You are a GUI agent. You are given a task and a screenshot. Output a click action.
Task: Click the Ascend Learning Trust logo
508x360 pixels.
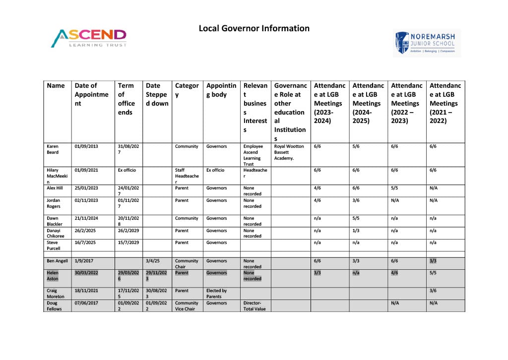[x=89, y=38]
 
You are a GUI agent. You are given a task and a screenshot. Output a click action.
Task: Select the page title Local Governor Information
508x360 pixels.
[x=254, y=28]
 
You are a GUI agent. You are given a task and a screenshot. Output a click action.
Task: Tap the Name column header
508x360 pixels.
[x=56, y=86]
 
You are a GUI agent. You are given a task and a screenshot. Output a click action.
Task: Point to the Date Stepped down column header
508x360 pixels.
[x=157, y=94]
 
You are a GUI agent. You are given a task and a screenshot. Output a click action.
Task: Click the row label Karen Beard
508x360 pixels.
[x=53, y=149]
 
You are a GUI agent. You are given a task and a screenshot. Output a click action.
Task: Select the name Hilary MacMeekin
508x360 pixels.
[x=56, y=176]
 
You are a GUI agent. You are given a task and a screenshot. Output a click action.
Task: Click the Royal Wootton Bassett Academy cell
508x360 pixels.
[x=289, y=152]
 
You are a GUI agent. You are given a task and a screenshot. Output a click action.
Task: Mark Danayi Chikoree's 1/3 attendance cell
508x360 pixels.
[x=356, y=231]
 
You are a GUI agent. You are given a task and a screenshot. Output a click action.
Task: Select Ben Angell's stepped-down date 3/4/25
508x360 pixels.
[x=153, y=261]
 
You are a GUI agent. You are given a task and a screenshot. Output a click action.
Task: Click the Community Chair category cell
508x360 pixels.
[x=187, y=263]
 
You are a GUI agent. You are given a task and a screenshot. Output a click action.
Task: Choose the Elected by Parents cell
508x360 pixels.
[x=217, y=294]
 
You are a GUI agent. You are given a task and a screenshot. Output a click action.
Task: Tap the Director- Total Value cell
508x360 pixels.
[x=254, y=306]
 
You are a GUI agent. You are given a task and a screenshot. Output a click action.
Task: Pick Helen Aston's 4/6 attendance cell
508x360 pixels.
[x=395, y=273]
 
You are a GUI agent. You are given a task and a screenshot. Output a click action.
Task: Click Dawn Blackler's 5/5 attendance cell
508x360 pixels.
[x=356, y=218]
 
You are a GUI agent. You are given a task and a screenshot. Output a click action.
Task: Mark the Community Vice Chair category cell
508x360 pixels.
[x=187, y=306]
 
